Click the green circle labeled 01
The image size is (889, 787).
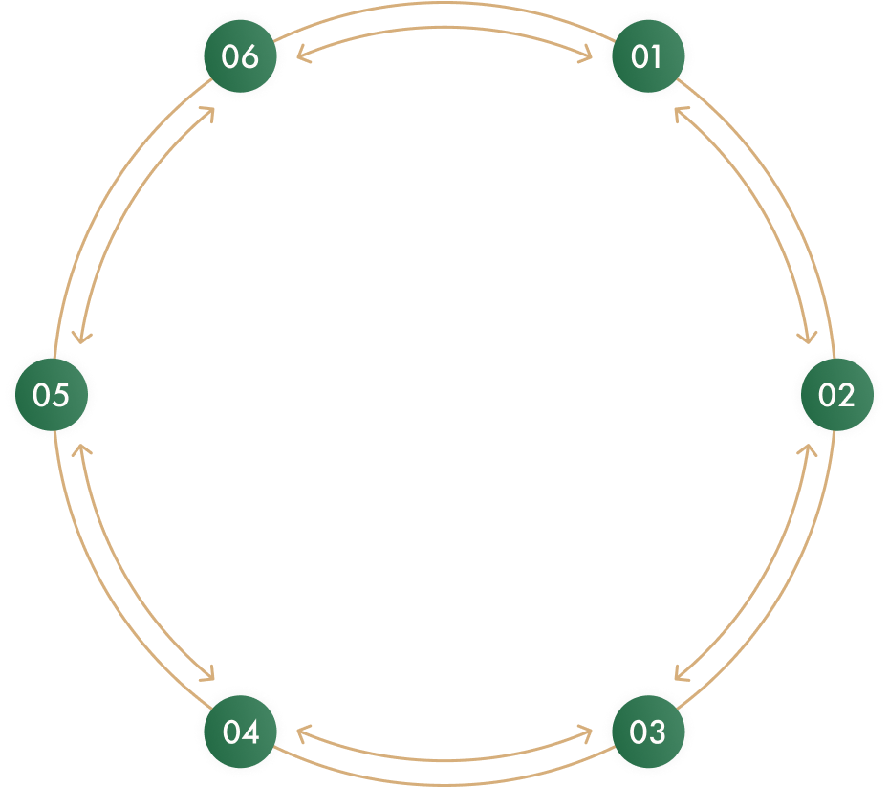tap(647, 56)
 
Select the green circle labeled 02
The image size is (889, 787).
tap(835, 394)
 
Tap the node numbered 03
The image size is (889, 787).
tap(647, 732)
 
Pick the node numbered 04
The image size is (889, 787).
tap(241, 732)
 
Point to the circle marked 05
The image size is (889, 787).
tap(52, 394)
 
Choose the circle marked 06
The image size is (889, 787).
tap(241, 56)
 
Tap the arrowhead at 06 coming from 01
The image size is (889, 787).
tap(299, 55)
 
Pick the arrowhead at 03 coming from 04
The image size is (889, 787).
tap(590, 733)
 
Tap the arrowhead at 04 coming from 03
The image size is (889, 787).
tap(299, 733)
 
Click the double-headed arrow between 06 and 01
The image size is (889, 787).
tap(444, 30)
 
